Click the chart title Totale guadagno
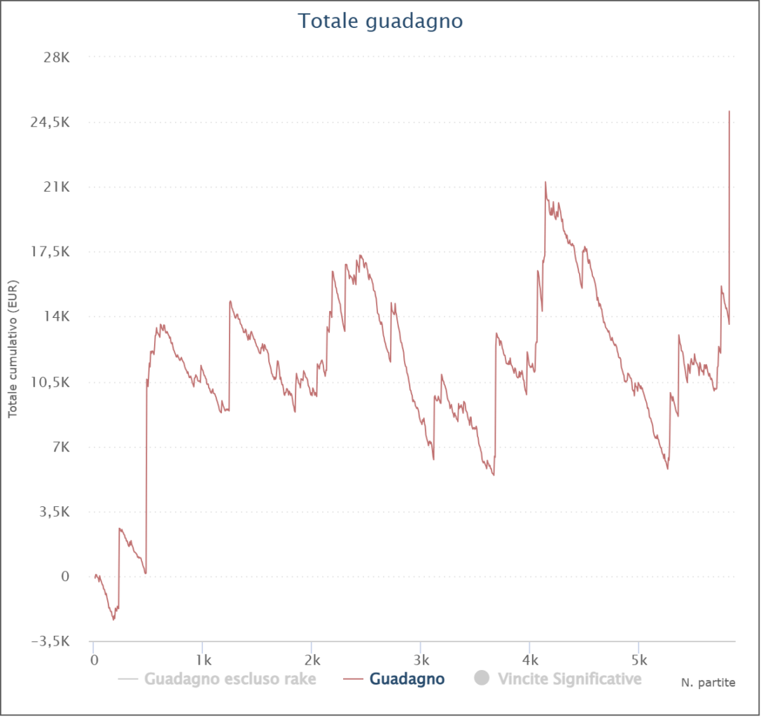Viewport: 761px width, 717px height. click(380, 21)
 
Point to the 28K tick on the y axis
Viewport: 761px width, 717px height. click(56, 57)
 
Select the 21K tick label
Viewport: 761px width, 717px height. click(56, 187)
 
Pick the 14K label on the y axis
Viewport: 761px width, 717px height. click(56, 316)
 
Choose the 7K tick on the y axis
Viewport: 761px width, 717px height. click(60, 447)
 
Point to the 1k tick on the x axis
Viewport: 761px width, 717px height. click(203, 660)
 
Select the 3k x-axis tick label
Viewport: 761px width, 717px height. click(421, 660)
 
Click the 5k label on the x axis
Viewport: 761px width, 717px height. click(638, 660)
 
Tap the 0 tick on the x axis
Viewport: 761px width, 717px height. click(94, 660)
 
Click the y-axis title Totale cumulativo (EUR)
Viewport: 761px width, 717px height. click(13, 349)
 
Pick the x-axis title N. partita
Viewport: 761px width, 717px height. click(708, 681)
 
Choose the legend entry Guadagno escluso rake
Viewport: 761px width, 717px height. click(230, 678)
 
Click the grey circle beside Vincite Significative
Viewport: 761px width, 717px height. click(481, 678)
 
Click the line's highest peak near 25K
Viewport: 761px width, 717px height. click(729, 111)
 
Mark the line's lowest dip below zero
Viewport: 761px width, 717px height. click(113, 620)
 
